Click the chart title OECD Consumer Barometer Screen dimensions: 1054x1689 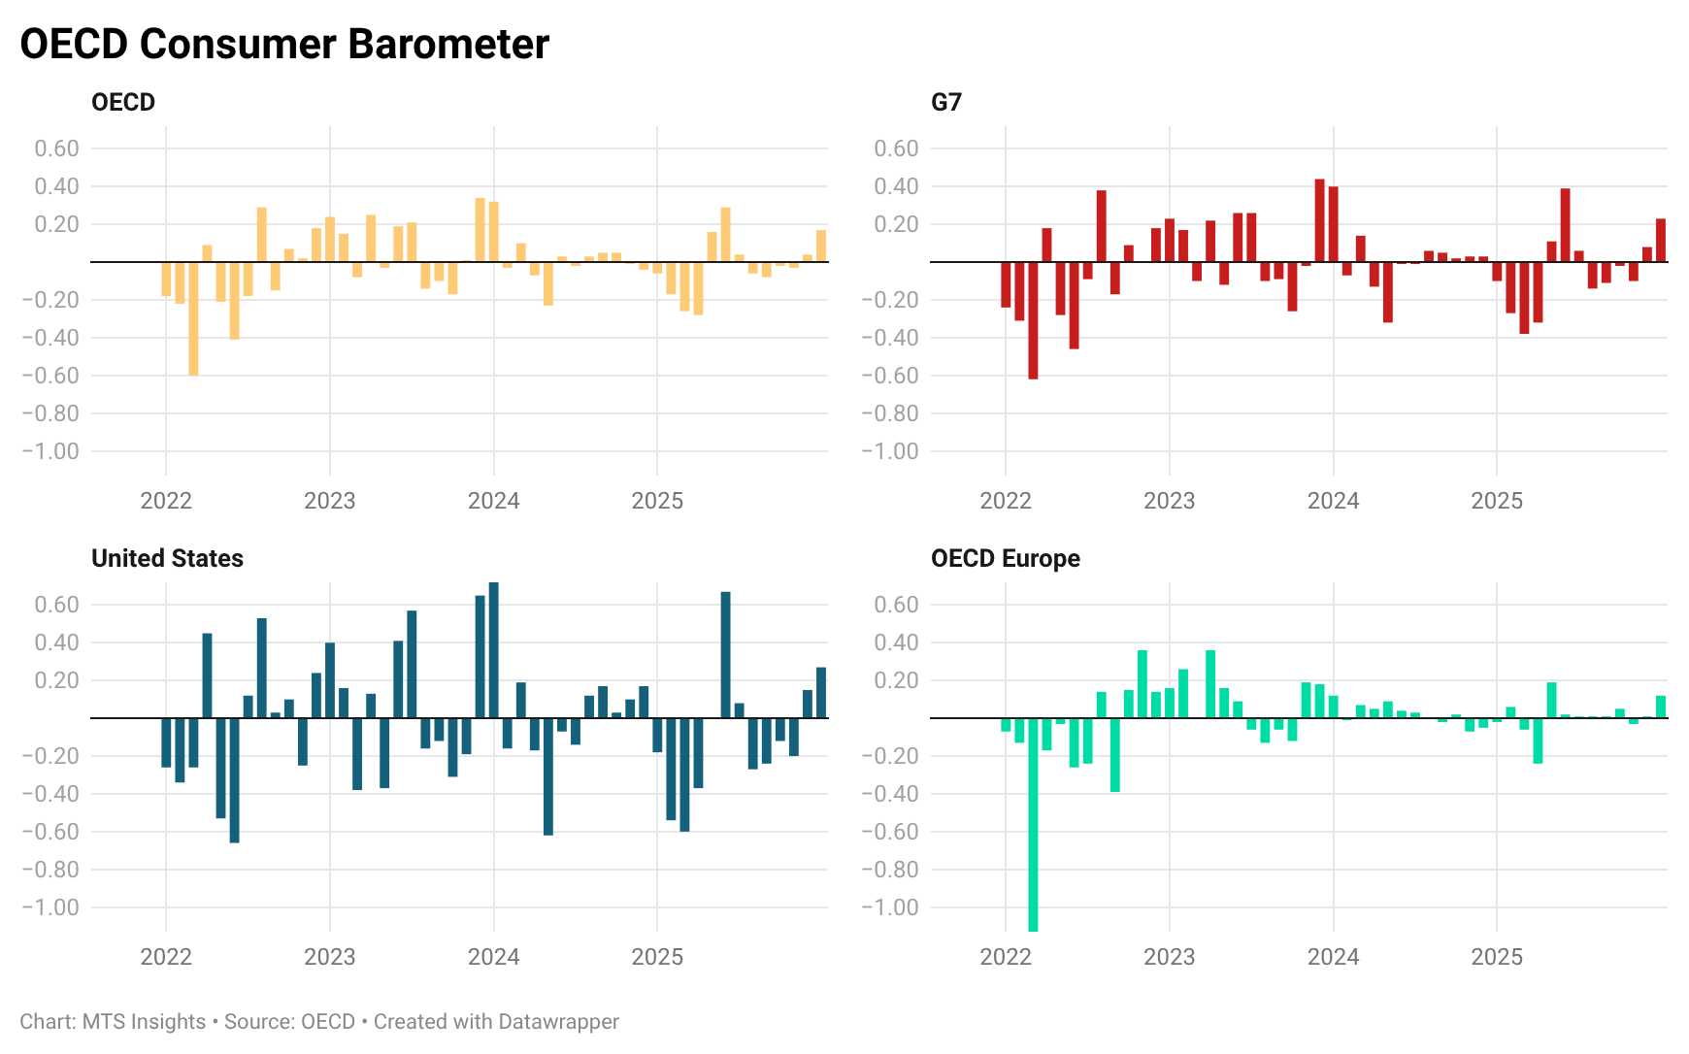click(284, 45)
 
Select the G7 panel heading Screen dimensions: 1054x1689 click(945, 103)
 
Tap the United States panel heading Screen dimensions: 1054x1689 click(167, 559)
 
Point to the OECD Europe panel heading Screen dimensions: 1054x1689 click(1005, 559)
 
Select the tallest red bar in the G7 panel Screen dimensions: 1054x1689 click(1319, 221)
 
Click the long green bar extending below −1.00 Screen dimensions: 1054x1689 click(1033, 825)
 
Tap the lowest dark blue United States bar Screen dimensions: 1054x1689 click(234, 780)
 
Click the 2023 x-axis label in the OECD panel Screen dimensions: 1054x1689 click(330, 501)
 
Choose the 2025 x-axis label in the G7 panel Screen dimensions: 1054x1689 click(1497, 501)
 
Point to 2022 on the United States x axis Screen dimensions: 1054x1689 click(166, 957)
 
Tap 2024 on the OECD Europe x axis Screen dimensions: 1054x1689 click(1333, 957)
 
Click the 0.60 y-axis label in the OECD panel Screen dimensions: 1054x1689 click(56, 148)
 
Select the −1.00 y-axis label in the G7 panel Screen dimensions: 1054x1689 click(889, 451)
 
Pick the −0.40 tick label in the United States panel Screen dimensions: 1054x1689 click(50, 794)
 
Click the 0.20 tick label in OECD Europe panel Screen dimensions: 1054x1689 click(896, 680)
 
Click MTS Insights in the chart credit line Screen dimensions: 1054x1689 click(144, 1022)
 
